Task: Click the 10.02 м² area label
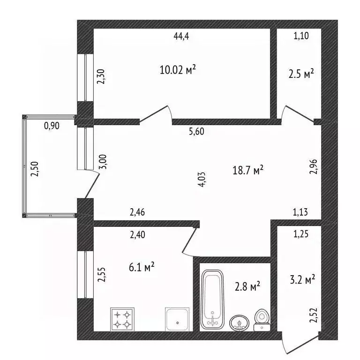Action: click(x=178, y=69)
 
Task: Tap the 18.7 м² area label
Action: click(x=248, y=170)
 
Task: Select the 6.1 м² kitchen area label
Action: click(x=142, y=267)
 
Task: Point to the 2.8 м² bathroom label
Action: click(x=247, y=286)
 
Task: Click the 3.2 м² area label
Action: click(x=302, y=279)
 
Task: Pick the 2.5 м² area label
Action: click(x=301, y=74)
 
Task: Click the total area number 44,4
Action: click(x=181, y=36)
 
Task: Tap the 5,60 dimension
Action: click(x=196, y=132)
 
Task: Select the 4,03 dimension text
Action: click(x=202, y=180)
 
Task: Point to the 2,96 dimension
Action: click(x=313, y=166)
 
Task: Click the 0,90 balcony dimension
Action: click(x=52, y=126)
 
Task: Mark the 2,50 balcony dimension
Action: click(x=35, y=169)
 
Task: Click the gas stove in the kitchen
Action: click(x=122, y=319)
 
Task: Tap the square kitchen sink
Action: click(x=177, y=319)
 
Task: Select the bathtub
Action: click(x=212, y=300)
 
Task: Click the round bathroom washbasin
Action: click(x=240, y=323)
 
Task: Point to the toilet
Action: click(x=262, y=320)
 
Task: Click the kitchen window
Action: click(x=85, y=274)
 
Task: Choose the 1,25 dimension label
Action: click(x=301, y=234)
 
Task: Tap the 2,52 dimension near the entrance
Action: click(x=313, y=315)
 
